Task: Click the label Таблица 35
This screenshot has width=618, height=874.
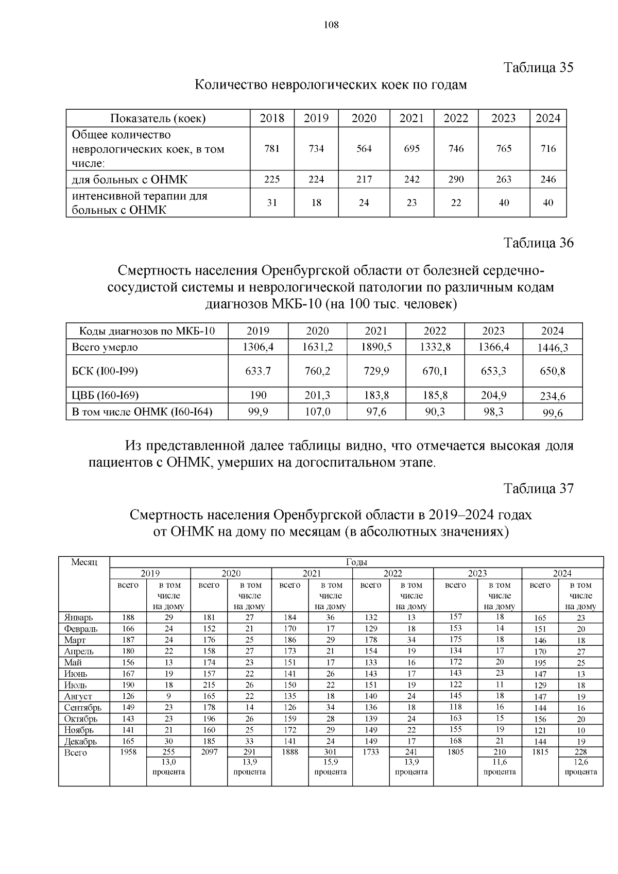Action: (x=538, y=67)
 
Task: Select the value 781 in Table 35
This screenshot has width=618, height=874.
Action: (x=272, y=149)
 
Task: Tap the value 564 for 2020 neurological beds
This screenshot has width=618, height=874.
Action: (x=364, y=149)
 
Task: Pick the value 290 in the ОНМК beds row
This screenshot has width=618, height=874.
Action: (x=456, y=179)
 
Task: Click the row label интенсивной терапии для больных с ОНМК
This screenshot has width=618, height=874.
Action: (x=139, y=203)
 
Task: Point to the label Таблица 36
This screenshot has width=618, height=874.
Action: (x=538, y=243)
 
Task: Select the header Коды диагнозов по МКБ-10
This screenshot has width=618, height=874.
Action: (x=147, y=331)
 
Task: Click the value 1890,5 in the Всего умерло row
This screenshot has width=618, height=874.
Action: (x=376, y=347)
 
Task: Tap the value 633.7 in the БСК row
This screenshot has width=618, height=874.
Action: (x=258, y=371)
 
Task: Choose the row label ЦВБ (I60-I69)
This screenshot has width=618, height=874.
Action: (x=105, y=395)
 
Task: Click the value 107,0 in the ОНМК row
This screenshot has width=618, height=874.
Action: (x=317, y=412)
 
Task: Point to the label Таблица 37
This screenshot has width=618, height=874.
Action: (x=538, y=488)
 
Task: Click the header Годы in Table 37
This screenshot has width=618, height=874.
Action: (x=356, y=562)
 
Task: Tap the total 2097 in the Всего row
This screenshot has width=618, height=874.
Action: (x=209, y=752)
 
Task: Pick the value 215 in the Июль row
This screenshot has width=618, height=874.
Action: (x=209, y=685)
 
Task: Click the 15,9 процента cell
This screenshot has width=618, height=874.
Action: (x=330, y=766)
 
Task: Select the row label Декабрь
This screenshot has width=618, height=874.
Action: (x=80, y=741)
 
